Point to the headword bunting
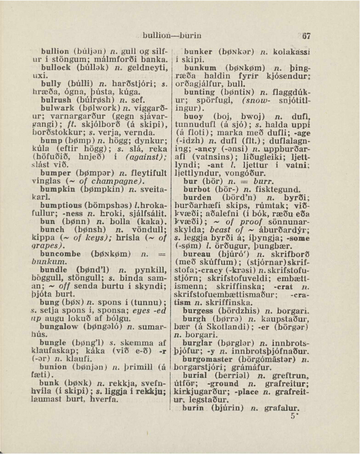[x=199, y=93]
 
